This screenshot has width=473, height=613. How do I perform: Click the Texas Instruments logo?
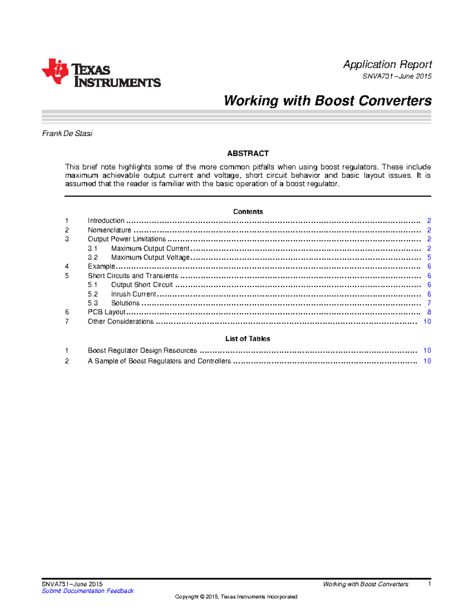pos(101,73)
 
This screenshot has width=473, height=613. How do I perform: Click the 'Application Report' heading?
pos(387,64)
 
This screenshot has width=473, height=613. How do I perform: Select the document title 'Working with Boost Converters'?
pos(328,101)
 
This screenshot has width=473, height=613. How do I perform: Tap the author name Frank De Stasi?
pos(67,133)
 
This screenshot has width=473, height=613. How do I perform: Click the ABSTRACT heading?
pos(248,154)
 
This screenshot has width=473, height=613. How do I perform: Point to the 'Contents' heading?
pos(248,212)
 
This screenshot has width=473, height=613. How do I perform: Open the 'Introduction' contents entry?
pos(106,221)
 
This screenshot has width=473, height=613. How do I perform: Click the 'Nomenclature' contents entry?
pos(109,230)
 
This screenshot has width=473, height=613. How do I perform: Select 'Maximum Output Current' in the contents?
pos(150,248)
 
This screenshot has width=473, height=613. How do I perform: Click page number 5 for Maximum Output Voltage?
pos(429,257)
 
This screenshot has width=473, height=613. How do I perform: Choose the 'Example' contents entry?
pos(101,266)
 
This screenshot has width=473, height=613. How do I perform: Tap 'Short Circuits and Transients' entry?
pos(133,276)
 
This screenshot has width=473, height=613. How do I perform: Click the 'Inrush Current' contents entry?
pos(134,294)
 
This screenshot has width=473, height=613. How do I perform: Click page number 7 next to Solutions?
pos(429,303)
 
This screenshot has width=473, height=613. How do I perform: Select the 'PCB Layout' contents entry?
pos(106,312)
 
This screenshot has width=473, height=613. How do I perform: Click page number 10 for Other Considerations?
pos(427,322)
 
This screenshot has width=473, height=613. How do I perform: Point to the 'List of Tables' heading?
pos(248,339)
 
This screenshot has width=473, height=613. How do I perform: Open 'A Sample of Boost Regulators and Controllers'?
pos(159,361)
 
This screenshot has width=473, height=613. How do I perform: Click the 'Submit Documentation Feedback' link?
pos(88,591)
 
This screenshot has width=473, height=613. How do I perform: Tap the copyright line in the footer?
pos(236,597)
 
